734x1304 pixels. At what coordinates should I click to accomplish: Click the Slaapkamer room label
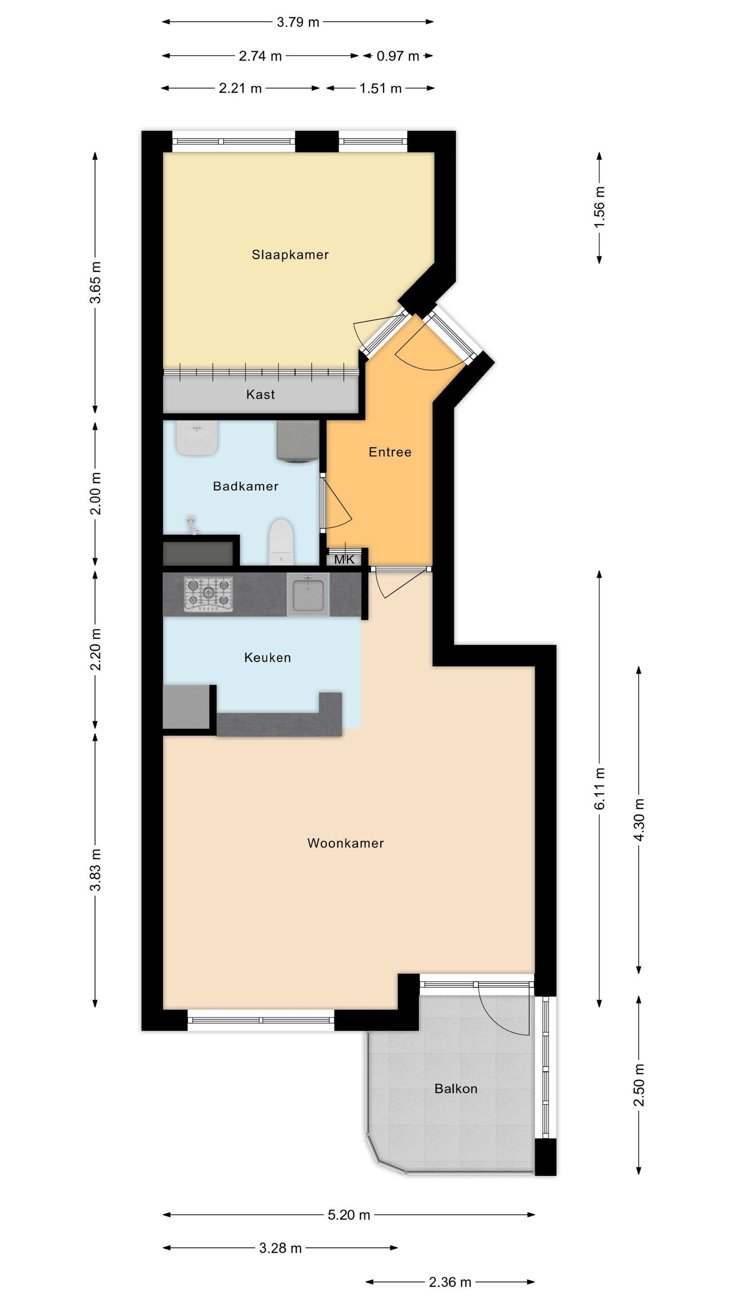pyautogui.click(x=290, y=255)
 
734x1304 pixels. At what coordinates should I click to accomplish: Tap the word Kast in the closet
pyautogui.click(x=260, y=394)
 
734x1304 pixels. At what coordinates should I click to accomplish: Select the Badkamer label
pyautogui.click(x=246, y=486)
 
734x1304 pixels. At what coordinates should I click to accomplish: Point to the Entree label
pyautogui.click(x=390, y=452)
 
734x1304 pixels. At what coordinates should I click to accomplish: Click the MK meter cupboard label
pyautogui.click(x=344, y=559)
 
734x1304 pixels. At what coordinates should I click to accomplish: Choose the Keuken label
pyautogui.click(x=267, y=658)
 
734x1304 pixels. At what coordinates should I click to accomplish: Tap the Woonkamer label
pyautogui.click(x=345, y=843)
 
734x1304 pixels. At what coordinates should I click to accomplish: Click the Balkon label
pyautogui.click(x=456, y=1088)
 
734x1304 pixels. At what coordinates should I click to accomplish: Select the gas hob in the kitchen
pyautogui.click(x=208, y=593)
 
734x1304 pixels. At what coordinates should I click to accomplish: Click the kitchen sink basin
pyautogui.click(x=308, y=594)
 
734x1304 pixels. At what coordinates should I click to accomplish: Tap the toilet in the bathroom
pyautogui.click(x=281, y=542)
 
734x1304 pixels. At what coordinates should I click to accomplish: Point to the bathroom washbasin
pyautogui.click(x=197, y=437)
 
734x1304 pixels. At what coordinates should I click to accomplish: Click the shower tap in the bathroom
pyautogui.click(x=191, y=525)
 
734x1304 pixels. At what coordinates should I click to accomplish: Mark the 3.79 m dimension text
pyautogui.click(x=298, y=22)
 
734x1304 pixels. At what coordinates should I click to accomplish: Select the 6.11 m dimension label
pyautogui.click(x=599, y=788)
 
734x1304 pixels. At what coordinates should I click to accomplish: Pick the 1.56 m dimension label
pyautogui.click(x=599, y=207)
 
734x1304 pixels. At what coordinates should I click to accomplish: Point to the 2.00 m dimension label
pyautogui.click(x=95, y=493)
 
